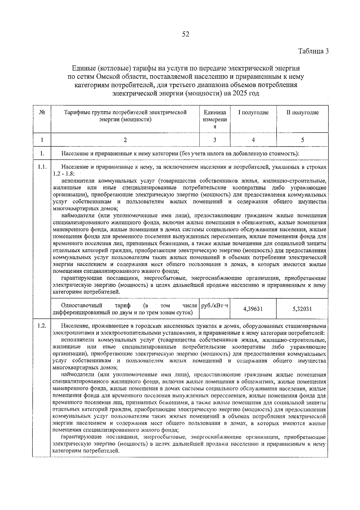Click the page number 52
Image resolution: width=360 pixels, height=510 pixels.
click(x=186, y=35)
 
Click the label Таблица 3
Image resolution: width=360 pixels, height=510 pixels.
click(x=313, y=51)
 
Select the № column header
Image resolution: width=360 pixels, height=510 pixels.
click(x=42, y=113)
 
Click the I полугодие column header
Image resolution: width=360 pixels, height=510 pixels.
click(x=253, y=113)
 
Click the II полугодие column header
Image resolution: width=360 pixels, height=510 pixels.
click(x=302, y=113)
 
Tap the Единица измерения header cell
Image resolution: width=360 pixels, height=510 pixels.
click(x=215, y=119)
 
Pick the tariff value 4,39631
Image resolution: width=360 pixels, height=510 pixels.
click(x=253, y=309)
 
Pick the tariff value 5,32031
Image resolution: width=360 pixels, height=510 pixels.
click(x=302, y=309)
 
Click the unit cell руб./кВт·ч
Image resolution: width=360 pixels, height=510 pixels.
click(x=214, y=306)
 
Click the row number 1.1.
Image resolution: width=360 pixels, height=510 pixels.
click(x=42, y=167)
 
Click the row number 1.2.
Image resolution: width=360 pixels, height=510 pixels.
click(x=42, y=326)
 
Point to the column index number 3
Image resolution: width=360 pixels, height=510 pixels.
click(x=215, y=140)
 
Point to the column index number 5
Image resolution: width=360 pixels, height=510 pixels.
click(x=302, y=140)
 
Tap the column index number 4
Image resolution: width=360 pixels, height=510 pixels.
click(x=253, y=140)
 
